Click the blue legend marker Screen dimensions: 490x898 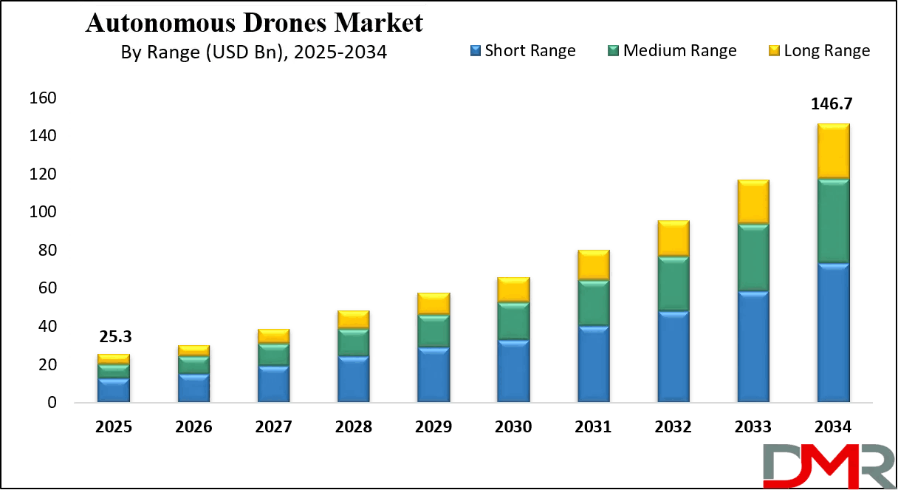(x=475, y=50)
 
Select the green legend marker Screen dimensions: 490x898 (x=612, y=50)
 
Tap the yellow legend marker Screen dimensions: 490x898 (x=773, y=50)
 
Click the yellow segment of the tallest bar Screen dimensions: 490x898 (x=833, y=151)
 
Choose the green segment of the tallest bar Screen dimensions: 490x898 (x=833, y=221)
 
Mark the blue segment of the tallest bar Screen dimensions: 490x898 (x=833, y=333)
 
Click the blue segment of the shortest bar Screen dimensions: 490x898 (x=113, y=390)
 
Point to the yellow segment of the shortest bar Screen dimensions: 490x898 (x=113, y=358)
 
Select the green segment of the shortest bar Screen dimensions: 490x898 (x=113, y=371)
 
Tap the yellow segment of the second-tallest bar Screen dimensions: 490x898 (x=753, y=201)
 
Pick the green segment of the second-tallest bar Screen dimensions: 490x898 (x=753, y=257)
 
